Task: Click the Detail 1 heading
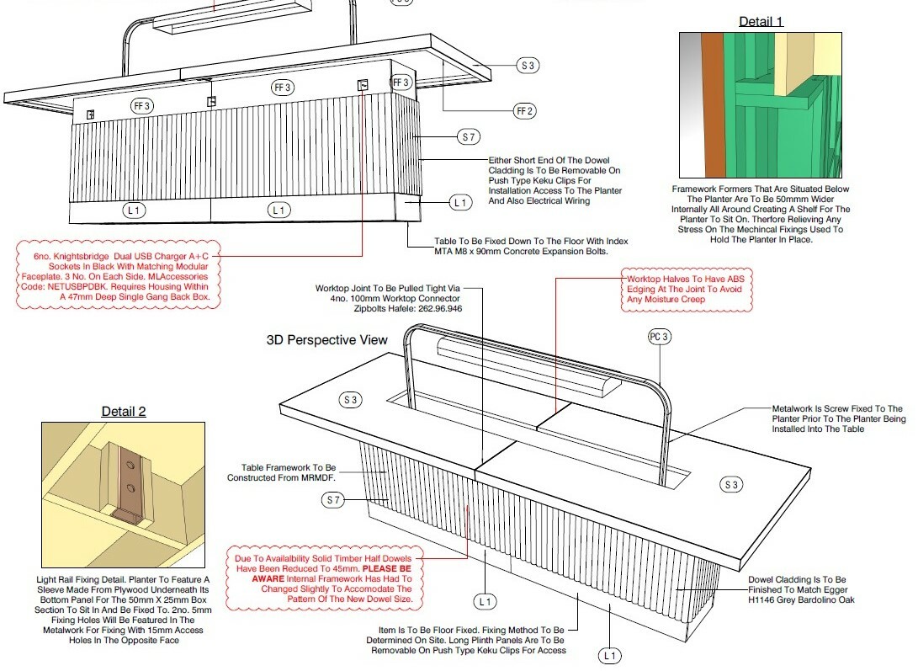761,22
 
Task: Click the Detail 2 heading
124,412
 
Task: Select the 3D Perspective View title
326,340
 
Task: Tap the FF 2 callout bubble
525,111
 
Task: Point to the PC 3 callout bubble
659,337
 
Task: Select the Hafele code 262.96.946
440,308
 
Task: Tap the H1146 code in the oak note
761,599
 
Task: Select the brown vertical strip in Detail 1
713,105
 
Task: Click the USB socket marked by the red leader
363,85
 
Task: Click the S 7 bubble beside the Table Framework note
333,500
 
